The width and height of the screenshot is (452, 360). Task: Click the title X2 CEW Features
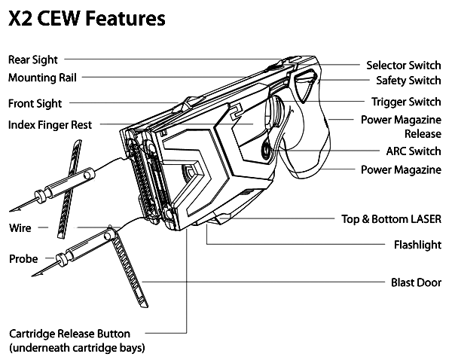pos(87,18)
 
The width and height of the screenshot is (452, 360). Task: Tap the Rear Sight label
pos(33,60)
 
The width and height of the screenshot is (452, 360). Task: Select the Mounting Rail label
pos(42,78)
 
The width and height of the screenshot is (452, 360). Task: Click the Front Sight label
pos(35,104)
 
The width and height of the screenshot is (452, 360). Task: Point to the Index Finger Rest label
pos(50,125)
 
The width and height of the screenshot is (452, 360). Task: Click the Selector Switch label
pos(404,66)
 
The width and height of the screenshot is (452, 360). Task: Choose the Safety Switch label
pos(408,81)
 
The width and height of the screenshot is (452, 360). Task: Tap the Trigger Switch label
pos(406,102)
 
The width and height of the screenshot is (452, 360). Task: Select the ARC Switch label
pos(414,151)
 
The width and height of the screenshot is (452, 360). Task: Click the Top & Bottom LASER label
pos(391,219)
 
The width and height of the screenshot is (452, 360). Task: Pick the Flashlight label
pos(417,245)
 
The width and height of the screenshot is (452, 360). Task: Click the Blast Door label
pos(416,282)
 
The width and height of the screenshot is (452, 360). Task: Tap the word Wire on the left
pos(20,228)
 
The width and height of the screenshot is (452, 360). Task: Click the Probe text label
pos(23,259)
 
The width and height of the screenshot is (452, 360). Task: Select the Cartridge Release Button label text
pos(77,340)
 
